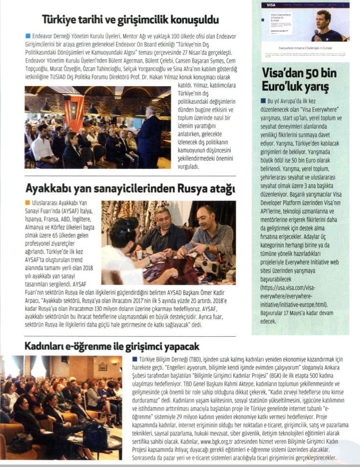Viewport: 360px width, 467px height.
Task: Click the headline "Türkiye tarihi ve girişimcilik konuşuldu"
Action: click(130, 20)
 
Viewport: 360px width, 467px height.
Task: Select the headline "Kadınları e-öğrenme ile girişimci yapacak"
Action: click(112, 347)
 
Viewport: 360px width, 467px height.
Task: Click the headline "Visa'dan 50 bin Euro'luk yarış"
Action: click(299, 80)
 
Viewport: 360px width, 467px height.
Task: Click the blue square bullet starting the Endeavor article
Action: click(27, 36)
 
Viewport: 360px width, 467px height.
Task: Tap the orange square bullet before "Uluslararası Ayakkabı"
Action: click(27, 202)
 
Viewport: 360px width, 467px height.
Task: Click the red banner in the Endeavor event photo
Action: click(75, 113)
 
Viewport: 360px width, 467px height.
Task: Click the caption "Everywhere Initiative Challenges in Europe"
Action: click(305, 49)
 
